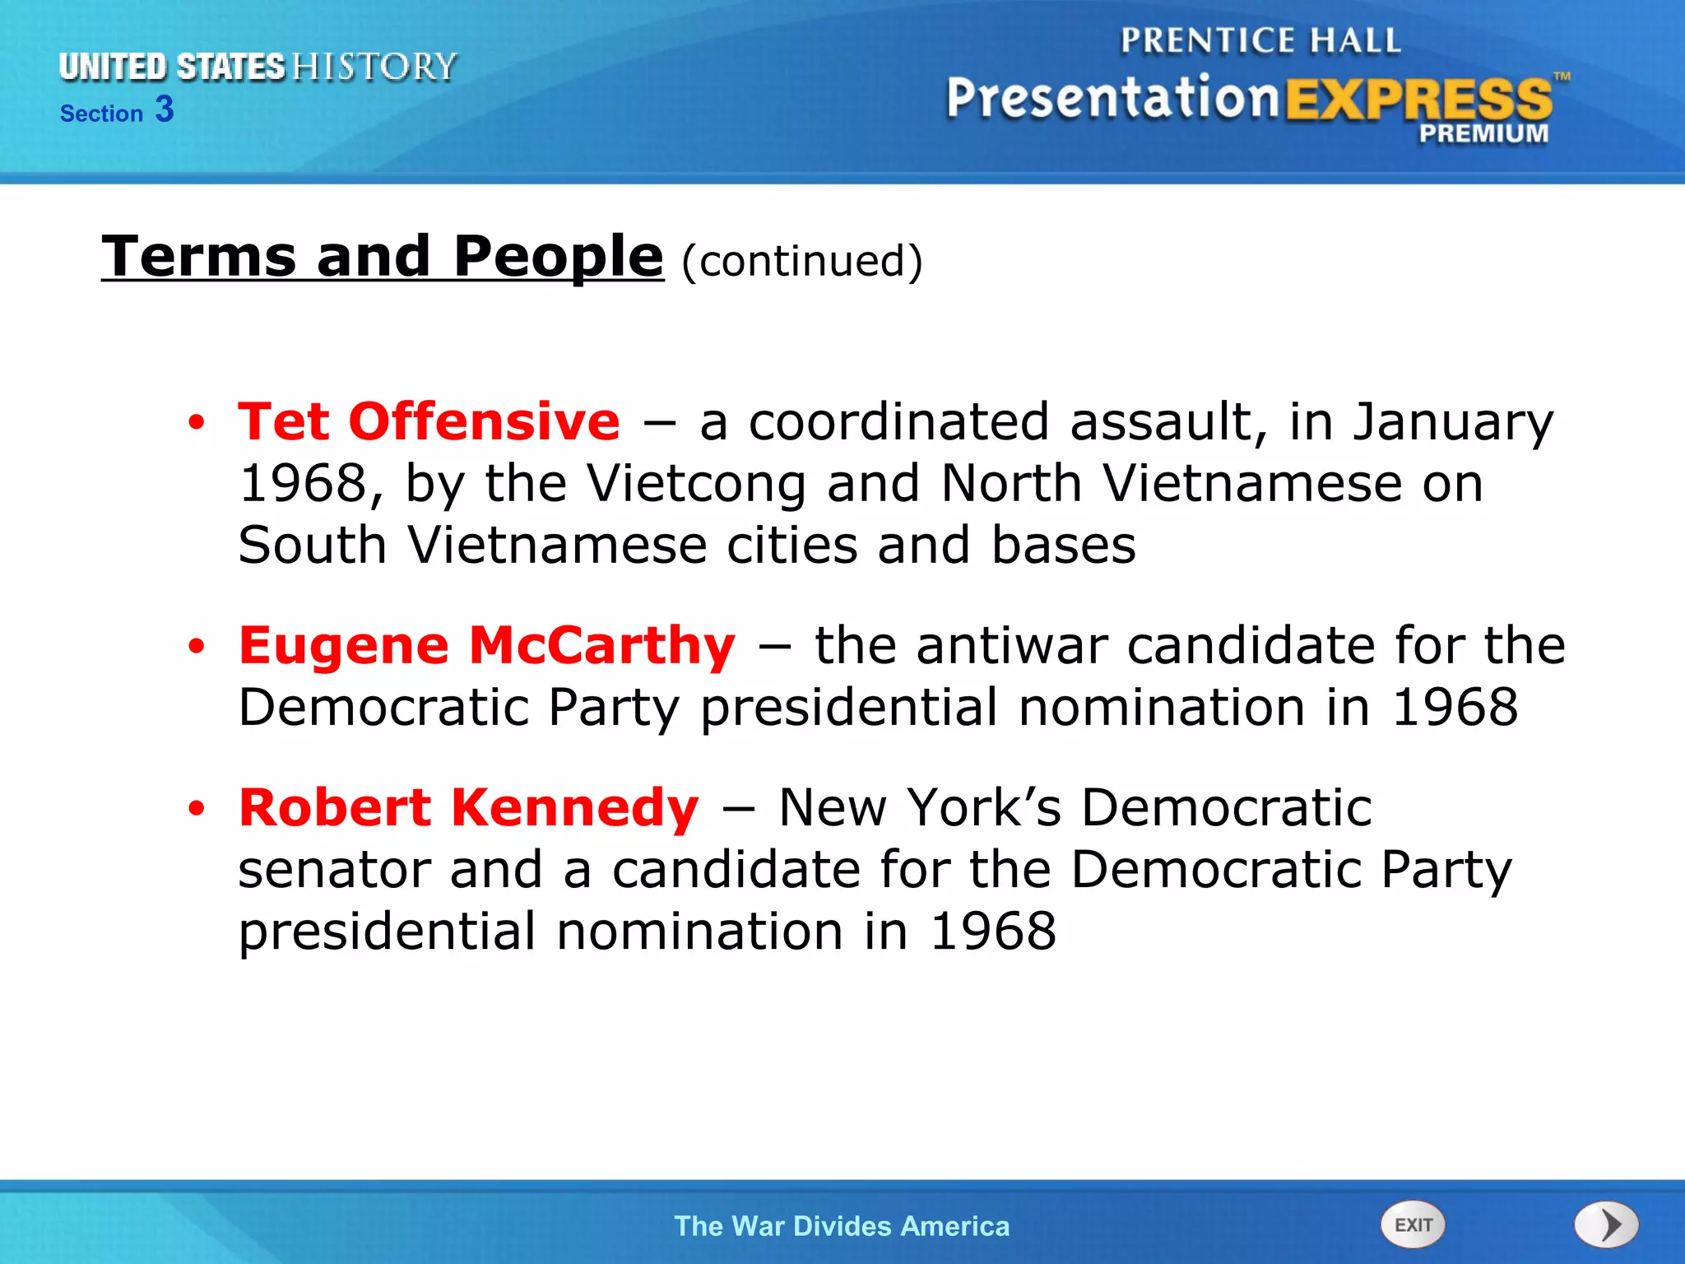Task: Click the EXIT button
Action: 1413,1224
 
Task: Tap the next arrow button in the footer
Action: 1606,1224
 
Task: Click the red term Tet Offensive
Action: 429,421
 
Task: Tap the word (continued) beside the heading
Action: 801,261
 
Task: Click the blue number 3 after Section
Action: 165,109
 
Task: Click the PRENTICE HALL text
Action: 1260,40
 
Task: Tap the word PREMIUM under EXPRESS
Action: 1483,133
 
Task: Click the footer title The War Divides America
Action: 842,1226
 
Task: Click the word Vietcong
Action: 697,484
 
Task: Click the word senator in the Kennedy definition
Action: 334,870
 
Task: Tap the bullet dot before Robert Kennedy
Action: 196,809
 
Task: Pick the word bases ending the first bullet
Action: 1063,546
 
